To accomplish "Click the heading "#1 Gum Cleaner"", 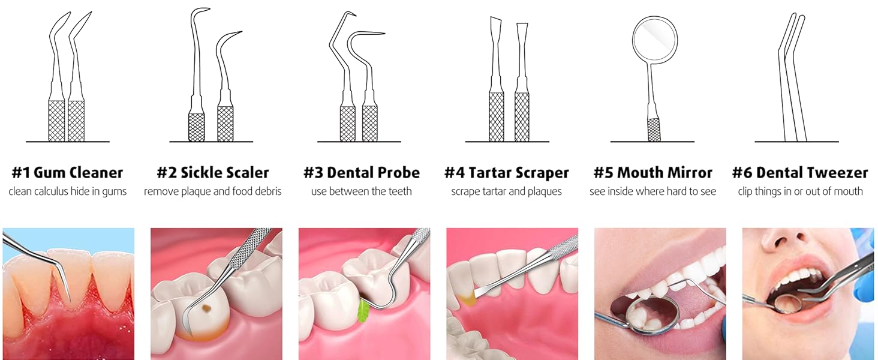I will point(67,173).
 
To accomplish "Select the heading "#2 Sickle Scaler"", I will point(212,173).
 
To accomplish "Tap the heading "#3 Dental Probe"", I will point(361,173).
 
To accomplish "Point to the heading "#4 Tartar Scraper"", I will point(506,173).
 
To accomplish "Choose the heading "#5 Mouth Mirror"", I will point(653,173).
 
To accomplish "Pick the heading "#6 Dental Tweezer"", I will point(800,173).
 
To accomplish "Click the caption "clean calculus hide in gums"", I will point(67,191).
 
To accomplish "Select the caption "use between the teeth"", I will point(361,191).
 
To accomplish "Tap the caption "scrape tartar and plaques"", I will point(506,191).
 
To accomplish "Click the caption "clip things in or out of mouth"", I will point(800,191).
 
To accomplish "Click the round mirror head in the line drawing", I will point(655,39).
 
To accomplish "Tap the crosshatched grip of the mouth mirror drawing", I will point(654,129).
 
